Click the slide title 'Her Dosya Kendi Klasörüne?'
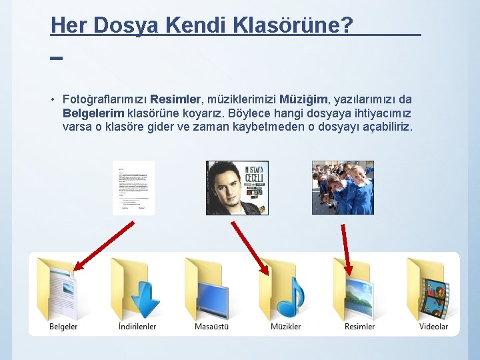(x=202, y=25)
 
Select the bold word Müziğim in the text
(x=303, y=99)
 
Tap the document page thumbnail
(x=133, y=188)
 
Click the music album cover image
(x=237, y=188)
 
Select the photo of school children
(x=343, y=188)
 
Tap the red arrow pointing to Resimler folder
(x=345, y=247)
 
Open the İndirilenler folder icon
(x=137, y=288)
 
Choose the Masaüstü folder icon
(x=211, y=288)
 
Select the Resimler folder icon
(x=359, y=288)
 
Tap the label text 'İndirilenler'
(x=137, y=327)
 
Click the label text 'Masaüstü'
(x=211, y=327)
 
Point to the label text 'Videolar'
(x=433, y=327)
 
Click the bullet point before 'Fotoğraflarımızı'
(x=52, y=100)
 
